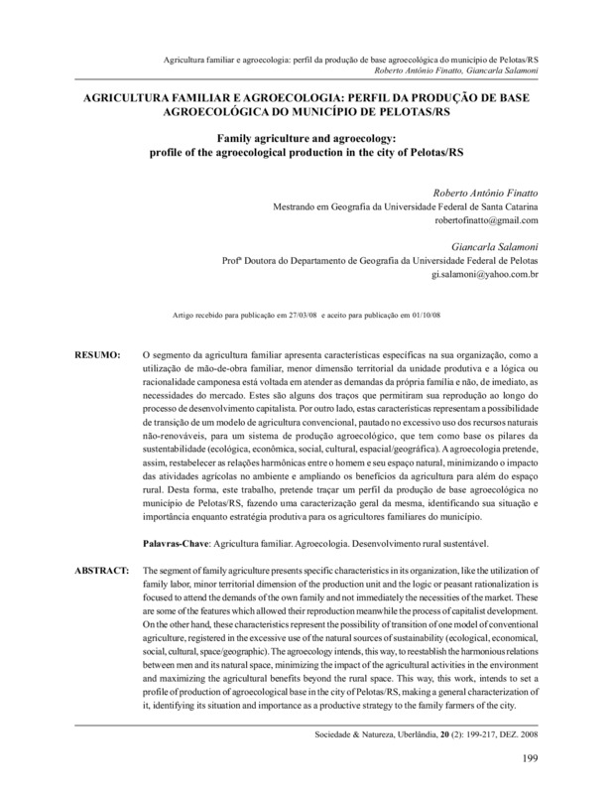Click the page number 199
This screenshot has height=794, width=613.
[527, 761]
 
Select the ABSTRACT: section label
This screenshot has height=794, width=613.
[102, 573]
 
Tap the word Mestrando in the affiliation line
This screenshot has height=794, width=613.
[298, 206]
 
